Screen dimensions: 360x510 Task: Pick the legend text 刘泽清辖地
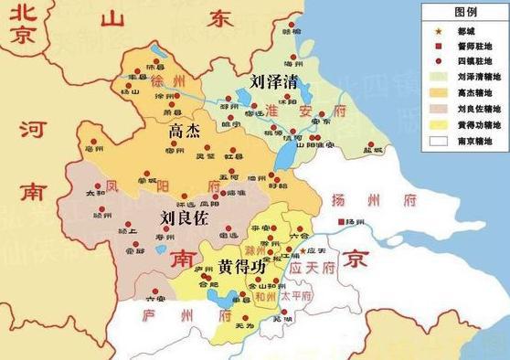pyautogui.click(x=472, y=77)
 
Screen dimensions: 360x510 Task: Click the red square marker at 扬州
pyautogui.click(x=338, y=222)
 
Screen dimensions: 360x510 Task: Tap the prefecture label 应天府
pyautogui.click(x=313, y=268)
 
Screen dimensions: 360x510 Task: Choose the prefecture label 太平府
pyautogui.click(x=295, y=297)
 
